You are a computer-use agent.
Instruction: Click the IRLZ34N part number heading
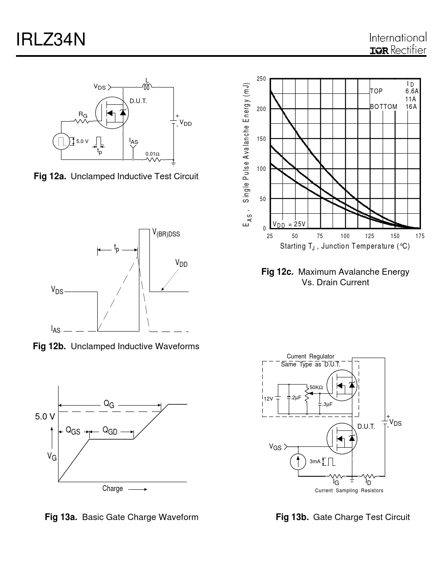pyautogui.click(x=51, y=40)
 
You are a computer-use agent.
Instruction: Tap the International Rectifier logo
pyautogui.click(x=398, y=43)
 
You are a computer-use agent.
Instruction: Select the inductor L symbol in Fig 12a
pyautogui.click(x=147, y=87)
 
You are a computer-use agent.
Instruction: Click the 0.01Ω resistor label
pyautogui.click(x=152, y=154)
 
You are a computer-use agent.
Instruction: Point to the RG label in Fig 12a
pyautogui.click(x=83, y=114)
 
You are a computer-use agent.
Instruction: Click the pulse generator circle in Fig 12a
pyautogui.click(x=61, y=141)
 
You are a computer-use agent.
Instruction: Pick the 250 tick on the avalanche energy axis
pyautogui.click(x=261, y=79)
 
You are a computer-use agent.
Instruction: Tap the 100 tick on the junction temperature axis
pyautogui.click(x=345, y=236)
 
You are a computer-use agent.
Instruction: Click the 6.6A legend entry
pyautogui.click(x=412, y=91)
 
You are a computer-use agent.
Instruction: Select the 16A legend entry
pyautogui.click(x=411, y=106)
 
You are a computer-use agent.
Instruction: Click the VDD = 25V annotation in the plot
pyautogui.click(x=289, y=224)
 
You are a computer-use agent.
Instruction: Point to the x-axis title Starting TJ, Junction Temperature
pyautogui.click(x=345, y=246)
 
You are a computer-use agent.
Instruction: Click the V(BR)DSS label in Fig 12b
pyautogui.click(x=166, y=232)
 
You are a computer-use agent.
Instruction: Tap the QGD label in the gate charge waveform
pyautogui.click(x=110, y=430)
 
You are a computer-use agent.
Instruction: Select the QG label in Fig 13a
pyautogui.click(x=109, y=404)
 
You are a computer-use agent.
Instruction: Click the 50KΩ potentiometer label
pyautogui.click(x=316, y=388)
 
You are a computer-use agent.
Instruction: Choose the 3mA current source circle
pyautogui.click(x=298, y=462)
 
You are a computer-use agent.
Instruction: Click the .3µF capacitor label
pyautogui.click(x=327, y=404)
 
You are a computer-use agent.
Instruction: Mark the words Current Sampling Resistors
pyautogui.click(x=349, y=490)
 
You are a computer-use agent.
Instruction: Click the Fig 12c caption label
pyautogui.click(x=277, y=272)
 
